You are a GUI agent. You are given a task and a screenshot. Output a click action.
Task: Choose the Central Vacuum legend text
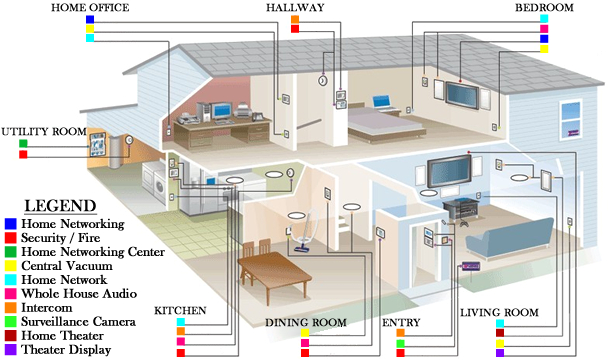(65, 266)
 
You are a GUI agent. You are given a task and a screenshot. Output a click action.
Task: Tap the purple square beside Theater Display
(9, 350)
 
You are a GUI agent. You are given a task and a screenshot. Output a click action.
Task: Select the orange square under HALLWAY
(295, 19)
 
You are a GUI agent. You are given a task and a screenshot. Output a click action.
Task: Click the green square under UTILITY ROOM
(23, 143)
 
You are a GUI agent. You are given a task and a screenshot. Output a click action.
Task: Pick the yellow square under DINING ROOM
(305, 333)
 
